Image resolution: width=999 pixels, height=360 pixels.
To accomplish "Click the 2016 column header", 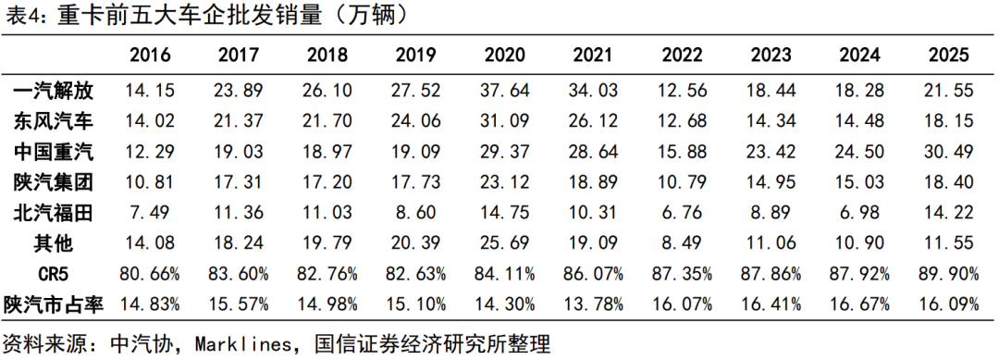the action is pyautogui.click(x=151, y=56).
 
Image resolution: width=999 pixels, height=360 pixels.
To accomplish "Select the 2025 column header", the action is pyautogui.click(x=948, y=56).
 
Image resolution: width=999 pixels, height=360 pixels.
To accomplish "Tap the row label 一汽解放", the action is pyautogui.click(x=54, y=91).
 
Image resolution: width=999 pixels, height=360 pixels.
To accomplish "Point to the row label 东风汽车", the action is pyautogui.click(x=54, y=121).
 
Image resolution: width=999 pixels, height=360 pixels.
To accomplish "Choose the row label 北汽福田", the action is pyautogui.click(x=54, y=213).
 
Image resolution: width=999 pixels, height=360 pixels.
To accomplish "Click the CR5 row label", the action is pyautogui.click(x=54, y=274).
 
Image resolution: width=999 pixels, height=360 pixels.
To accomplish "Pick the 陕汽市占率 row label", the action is pyautogui.click(x=54, y=304).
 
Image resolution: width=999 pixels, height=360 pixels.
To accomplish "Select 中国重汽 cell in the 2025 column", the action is pyautogui.click(x=948, y=152).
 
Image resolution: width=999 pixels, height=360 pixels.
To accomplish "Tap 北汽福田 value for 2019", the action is pyautogui.click(x=416, y=213).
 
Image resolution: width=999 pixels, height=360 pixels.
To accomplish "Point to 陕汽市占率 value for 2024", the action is pyautogui.click(x=859, y=304).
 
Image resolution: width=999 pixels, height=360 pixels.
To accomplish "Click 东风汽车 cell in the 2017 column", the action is pyautogui.click(x=239, y=121).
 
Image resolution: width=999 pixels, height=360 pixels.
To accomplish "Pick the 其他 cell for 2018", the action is pyautogui.click(x=327, y=243).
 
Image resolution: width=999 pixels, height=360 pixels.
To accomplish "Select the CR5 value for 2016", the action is pyautogui.click(x=151, y=274).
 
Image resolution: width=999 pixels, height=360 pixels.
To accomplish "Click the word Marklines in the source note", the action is pyautogui.click(x=242, y=345).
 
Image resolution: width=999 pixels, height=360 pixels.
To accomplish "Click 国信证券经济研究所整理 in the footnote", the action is pyautogui.click(x=432, y=345).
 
